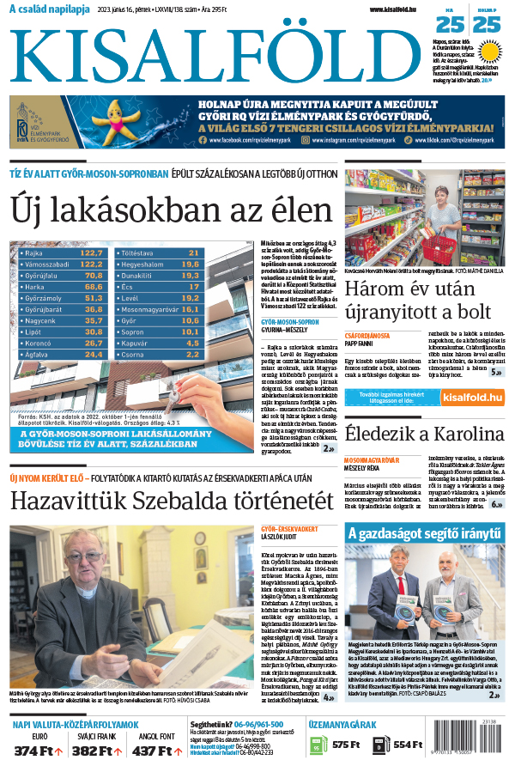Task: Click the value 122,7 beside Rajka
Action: (x=92, y=253)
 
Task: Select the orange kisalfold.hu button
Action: (x=471, y=397)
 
